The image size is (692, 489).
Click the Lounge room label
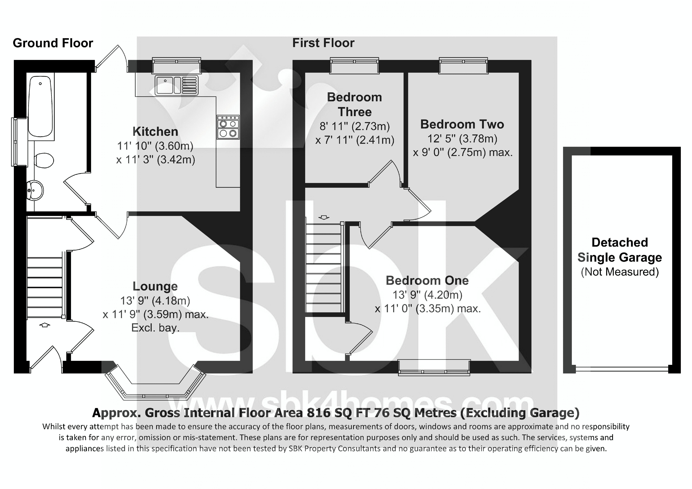[x=155, y=286]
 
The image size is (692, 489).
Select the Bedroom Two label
[x=462, y=124]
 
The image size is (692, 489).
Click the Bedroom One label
[x=427, y=280]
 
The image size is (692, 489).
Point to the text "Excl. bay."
[x=155, y=328]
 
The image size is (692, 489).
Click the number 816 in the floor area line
[x=320, y=413]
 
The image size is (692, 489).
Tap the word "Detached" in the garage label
[x=620, y=242]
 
